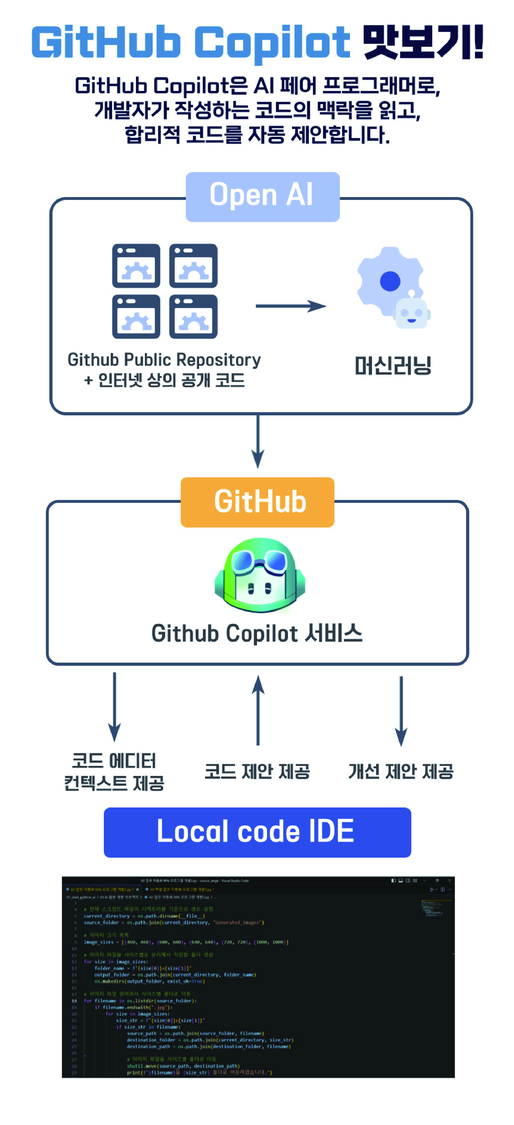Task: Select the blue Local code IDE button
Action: coord(257,832)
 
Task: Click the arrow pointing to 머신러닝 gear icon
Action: coord(290,306)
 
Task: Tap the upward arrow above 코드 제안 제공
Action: coord(258,710)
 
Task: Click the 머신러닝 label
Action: coord(393,366)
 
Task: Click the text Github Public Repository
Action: coord(164,360)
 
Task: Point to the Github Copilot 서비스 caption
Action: coord(257,634)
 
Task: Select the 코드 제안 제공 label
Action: coord(257,772)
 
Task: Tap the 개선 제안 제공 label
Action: coord(401,772)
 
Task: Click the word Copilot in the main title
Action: coord(272,42)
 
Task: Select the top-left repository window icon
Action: coord(136,266)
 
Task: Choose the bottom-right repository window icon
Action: coord(193,317)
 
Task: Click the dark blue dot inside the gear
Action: coord(390,281)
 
